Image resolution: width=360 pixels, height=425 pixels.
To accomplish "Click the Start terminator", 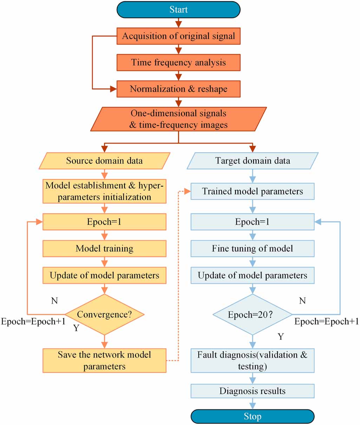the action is point(178,10).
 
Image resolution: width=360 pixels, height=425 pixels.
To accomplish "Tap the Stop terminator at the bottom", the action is point(253,416).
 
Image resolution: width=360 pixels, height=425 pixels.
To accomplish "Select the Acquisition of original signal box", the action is point(178,36).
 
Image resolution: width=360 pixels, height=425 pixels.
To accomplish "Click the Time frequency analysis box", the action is point(178,63).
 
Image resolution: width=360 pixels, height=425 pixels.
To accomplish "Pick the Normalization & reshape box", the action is point(178,89).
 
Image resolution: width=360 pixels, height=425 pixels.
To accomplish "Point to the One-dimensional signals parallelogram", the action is point(178,119).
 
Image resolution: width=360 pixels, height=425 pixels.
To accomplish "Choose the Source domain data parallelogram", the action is point(104,161).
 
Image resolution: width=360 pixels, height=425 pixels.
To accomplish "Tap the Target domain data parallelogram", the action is point(253,161).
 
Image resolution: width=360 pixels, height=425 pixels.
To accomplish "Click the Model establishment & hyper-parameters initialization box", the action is point(104,191).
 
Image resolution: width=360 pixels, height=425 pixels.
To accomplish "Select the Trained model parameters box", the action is point(253,191).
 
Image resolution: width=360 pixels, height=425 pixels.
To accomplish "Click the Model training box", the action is point(104,249).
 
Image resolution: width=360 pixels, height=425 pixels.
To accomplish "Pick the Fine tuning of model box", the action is point(253,249).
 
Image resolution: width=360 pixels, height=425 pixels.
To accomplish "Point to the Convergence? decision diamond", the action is point(104,314).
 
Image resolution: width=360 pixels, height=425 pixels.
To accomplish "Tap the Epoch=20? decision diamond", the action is point(253,314).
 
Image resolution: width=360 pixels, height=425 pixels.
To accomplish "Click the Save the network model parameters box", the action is point(104,360).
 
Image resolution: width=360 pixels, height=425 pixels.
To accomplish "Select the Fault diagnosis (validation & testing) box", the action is point(253,360).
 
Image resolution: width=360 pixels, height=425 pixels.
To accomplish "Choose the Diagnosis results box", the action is point(253,391).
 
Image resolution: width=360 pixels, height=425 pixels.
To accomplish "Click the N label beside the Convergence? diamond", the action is point(54,301).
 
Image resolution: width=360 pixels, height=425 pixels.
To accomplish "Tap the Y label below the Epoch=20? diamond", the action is point(281,336).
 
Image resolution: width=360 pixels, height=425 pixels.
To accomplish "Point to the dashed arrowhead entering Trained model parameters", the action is point(187,191).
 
